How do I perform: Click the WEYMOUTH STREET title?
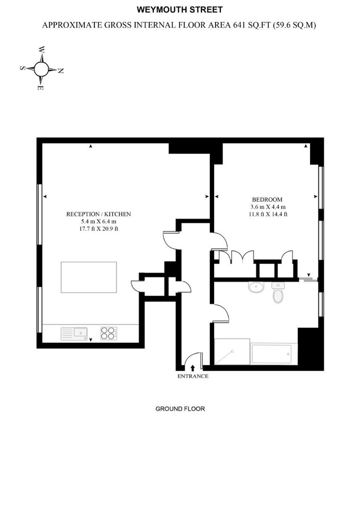point(179,9)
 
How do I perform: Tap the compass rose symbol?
point(42,69)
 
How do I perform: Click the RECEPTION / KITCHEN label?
point(99,214)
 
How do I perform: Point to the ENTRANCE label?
point(193,376)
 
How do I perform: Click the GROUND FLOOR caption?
point(180,408)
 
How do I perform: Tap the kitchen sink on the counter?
point(75,334)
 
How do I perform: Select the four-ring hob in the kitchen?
point(109,333)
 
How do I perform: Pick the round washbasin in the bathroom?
point(256,288)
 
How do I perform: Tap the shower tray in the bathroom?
point(232,352)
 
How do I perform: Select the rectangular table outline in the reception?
point(89,278)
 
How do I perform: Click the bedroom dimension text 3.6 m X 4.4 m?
point(268,207)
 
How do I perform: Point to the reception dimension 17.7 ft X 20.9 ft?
point(98,229)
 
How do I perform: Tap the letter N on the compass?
point(60,71)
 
